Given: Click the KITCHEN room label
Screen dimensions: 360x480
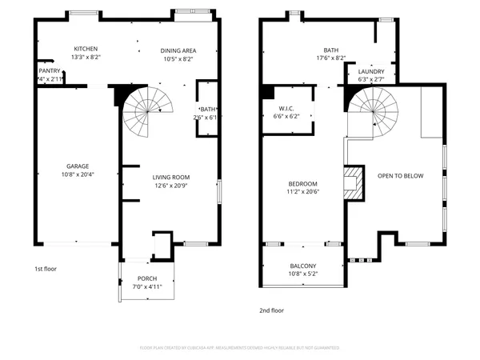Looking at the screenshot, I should [x=86, y=49].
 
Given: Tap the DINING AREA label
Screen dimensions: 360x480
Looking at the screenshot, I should [x=179, y=50].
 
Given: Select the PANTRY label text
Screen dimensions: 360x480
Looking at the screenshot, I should [x=49, y=71].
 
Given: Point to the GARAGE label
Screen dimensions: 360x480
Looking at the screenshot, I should [x=77, y=166].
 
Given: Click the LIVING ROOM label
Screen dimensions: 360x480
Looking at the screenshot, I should [x=171, y=177].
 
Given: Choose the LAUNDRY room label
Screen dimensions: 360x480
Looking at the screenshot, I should [x=371, y=71].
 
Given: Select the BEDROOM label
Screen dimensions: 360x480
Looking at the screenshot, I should [x=302, y=183].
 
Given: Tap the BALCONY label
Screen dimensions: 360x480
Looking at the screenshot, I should [x=302, y=266].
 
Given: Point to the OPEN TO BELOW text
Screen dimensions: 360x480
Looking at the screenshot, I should [x=401, y=176].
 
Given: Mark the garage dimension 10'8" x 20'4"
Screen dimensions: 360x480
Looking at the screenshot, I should [x=77, y=174].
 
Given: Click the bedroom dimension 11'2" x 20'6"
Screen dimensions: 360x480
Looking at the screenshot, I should [x=302, y=191].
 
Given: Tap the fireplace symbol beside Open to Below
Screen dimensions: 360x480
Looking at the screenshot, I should [x=351, y=182].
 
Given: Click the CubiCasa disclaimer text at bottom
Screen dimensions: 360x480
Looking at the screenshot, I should [x=240, y=348].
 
